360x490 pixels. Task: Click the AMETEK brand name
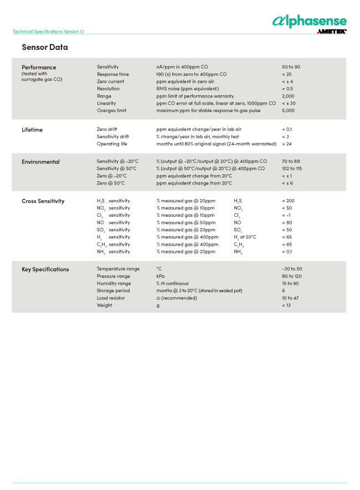coord(332,32)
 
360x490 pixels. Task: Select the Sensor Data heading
coord(44,47)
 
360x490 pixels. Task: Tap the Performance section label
coord(39,67)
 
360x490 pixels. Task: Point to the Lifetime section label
coord(32,130)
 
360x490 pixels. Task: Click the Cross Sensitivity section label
coord(43,201)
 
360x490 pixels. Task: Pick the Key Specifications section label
coord(45,269)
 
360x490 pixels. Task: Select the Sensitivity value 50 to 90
coord(291,67)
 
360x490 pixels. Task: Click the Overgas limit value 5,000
coord(288,110)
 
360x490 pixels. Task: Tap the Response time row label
coord(112,74)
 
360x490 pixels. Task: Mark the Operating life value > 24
coord(287,144)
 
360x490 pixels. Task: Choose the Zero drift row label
coord(107,130)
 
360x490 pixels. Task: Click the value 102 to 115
coord(292,169)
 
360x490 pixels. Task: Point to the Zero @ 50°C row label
coord(111,183)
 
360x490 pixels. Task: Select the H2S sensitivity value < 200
coord(288,201)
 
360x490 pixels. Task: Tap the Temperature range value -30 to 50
coord(292,269)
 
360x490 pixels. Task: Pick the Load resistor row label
coord(111,298)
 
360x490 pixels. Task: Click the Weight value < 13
coord(286,305)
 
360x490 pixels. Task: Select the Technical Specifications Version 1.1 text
coord(48,32)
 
